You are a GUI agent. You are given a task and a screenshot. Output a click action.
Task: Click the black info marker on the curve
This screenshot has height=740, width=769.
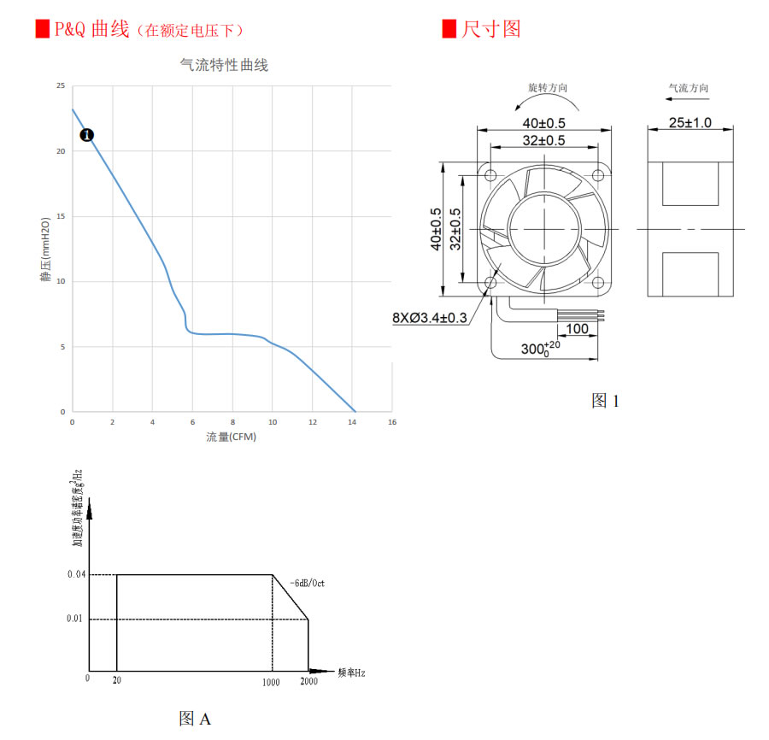point(86,135)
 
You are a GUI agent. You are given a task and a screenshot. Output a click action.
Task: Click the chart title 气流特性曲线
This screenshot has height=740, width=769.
point(224,65)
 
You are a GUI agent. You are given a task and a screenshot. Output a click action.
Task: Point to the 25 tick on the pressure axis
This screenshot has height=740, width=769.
point(60,86)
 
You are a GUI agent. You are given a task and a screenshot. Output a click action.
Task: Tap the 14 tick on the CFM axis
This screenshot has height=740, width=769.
point(352,422)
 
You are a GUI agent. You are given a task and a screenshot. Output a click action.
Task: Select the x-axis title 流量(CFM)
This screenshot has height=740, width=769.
point(231,437)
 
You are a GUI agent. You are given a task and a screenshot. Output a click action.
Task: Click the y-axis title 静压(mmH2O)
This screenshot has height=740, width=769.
point(45,250)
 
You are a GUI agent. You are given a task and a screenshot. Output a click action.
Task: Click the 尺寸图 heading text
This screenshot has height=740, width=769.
point(490,29)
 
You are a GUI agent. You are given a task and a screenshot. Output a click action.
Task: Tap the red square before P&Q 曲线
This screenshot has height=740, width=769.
point(41,29)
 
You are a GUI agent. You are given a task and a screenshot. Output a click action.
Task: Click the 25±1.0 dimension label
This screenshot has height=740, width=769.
point(690,123)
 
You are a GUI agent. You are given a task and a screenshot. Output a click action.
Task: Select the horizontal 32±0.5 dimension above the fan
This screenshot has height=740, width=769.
point(543,140)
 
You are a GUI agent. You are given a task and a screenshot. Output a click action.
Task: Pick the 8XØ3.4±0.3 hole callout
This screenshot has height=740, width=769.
point(430,318)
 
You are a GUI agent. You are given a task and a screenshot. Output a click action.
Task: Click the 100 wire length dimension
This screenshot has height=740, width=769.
point(577,328)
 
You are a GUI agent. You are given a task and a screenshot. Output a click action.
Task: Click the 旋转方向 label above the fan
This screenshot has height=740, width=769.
point(548,88)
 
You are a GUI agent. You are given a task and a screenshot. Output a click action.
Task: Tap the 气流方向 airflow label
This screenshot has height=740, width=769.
point(688,88)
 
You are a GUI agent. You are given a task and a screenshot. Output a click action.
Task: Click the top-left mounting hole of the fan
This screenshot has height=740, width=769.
point(490,176)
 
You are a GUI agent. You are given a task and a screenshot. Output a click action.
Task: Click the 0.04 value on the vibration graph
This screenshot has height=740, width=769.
point(76,575)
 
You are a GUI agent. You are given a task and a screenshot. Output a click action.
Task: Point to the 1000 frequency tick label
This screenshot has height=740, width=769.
point(271,681)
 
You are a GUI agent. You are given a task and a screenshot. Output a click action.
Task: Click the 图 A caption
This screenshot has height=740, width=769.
point(195,719)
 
